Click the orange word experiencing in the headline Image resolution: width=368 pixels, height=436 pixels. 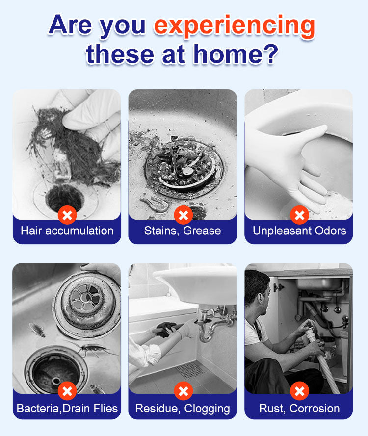(x=235, y=26)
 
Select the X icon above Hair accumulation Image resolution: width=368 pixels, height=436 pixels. (x=67, y=215)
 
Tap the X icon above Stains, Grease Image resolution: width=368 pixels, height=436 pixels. (x=184, y=215)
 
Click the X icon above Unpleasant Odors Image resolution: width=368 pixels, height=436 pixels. (x=300, y=215)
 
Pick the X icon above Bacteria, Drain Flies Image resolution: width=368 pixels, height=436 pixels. (x=67, y=391)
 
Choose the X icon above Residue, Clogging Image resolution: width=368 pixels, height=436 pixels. (x=184, y=391)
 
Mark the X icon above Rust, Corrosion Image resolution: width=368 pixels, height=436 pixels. (x=300, y=391)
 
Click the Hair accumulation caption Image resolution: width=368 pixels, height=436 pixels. (x=67, y=231)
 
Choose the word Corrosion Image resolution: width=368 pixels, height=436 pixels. (x=315, y=409)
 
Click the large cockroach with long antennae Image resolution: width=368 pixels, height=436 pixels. (x=93, y=349)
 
